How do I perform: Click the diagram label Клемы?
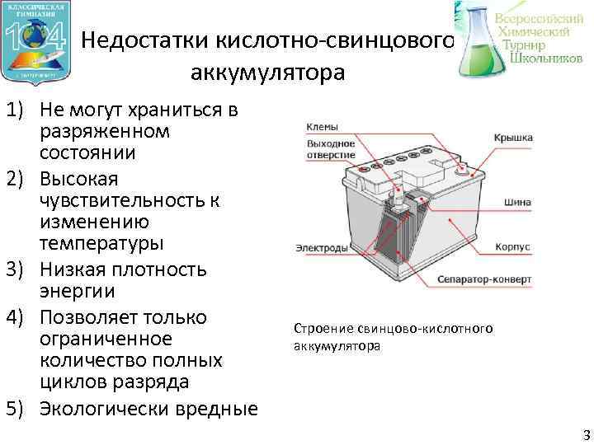(321, 129)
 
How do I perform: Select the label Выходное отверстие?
(330, 148)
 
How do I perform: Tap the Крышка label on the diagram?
(513, 138)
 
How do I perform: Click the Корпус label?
(512, 246)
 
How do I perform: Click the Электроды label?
(318, 246)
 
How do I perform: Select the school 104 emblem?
(36, 41)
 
